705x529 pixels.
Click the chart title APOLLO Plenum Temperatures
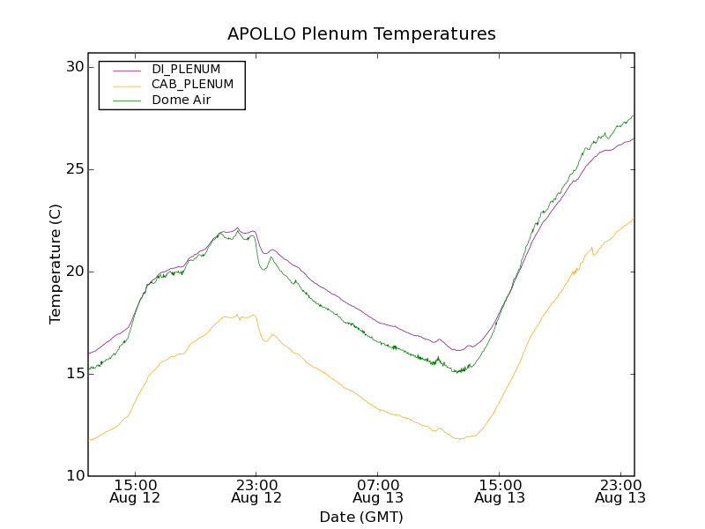coord(361,34)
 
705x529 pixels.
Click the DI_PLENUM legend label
coord(186,69)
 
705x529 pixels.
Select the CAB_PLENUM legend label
coord(192,85)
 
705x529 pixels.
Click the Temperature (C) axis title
coord(56,264)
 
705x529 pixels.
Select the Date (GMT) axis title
coord(361,517)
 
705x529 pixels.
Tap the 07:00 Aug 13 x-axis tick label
coord(378,491)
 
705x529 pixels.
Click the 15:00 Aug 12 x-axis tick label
coord(136,491)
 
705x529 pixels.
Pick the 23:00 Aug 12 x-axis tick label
coord(256,491)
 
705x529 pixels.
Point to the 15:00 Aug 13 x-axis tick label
coord(500,491)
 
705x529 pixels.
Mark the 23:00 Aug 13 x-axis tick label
coord(620,491)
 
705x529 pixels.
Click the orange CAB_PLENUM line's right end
coord(633,220)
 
